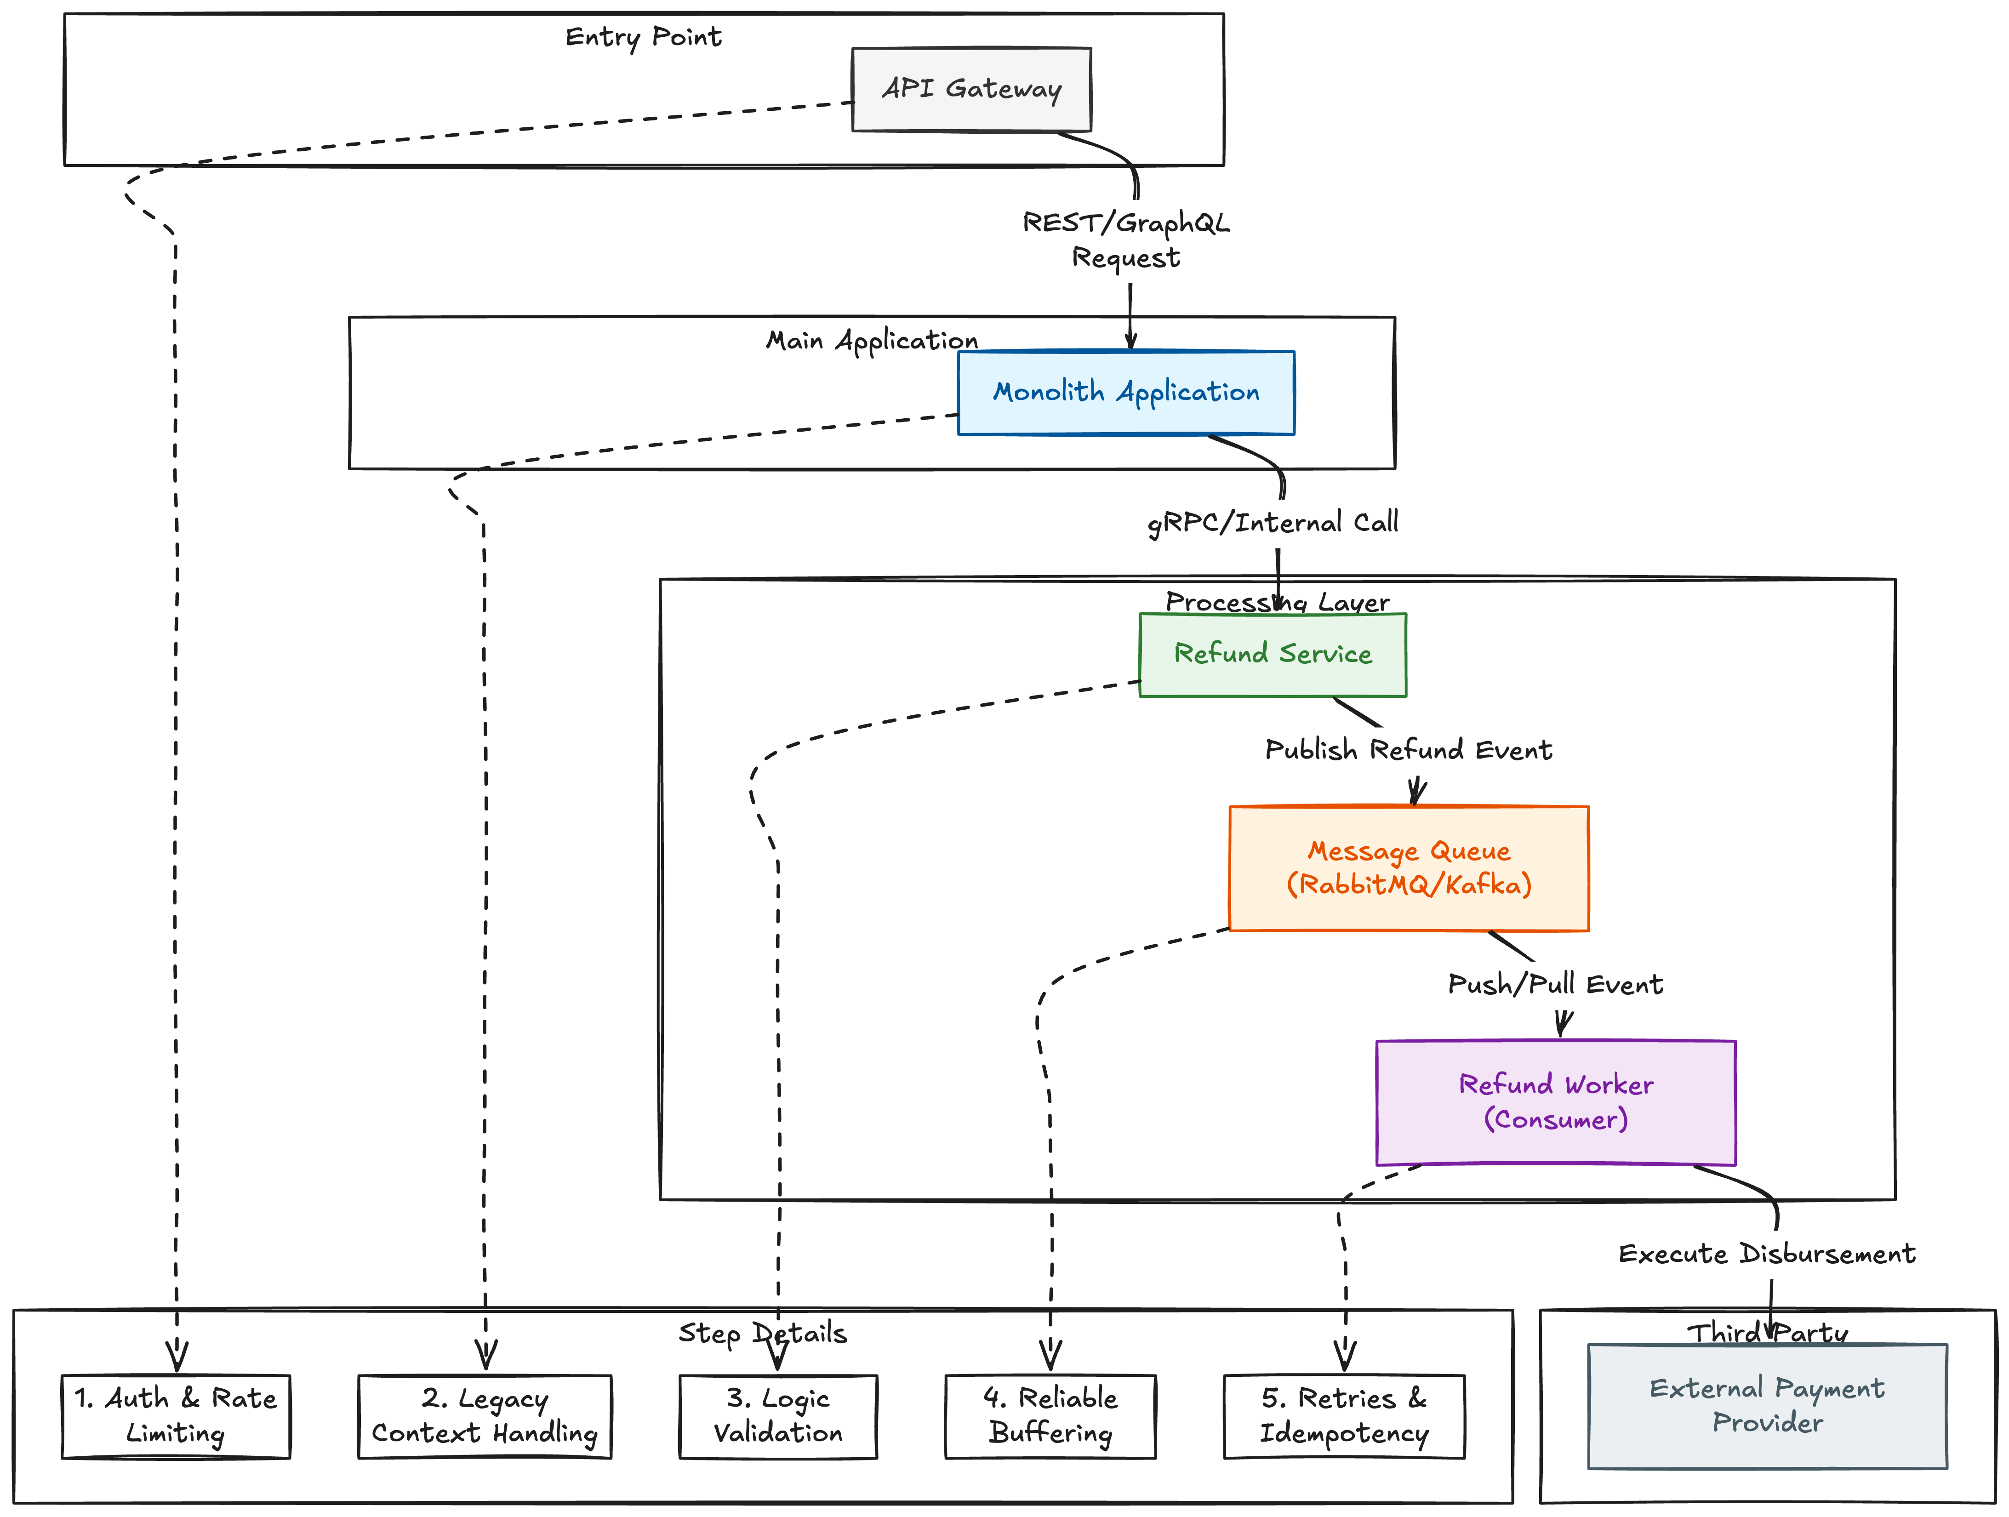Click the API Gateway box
pos(971,89)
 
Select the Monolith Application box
pos(1126,393)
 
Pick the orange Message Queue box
pos(1409,868)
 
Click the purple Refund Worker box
pos(1556,1102)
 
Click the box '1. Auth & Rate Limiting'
pos(176,1416)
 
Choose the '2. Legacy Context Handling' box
pos(485,1416)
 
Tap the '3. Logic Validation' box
pos(778,1416)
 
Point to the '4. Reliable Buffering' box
pos(1051,1416)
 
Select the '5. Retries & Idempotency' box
pos(1344,1416)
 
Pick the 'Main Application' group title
pos(872,341)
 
